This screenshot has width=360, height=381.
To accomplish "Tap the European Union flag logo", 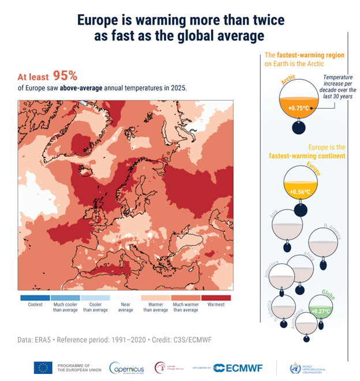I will coord(43,368).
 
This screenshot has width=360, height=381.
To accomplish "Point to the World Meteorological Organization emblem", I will coord(296,368).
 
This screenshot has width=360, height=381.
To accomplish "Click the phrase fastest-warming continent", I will coord(307,156).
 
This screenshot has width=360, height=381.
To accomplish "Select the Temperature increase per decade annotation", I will coord(331,84).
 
